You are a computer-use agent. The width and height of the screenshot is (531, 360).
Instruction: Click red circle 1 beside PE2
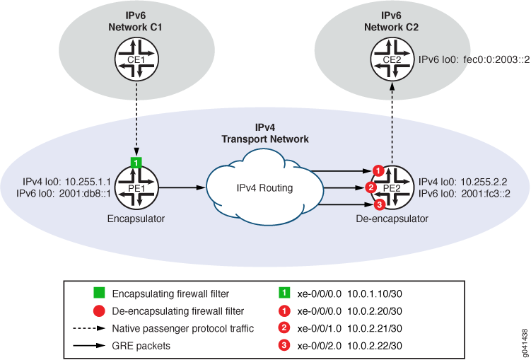point(378,170)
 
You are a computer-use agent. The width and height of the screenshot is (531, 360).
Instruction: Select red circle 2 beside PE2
point(370,188)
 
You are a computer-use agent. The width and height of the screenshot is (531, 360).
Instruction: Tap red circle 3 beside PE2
point(378,205)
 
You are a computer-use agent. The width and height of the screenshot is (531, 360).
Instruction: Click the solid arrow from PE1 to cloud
point(182,188)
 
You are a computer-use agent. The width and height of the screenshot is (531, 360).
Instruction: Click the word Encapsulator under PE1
point(136,219)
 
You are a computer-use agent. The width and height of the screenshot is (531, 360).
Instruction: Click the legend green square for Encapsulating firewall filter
point(98,291)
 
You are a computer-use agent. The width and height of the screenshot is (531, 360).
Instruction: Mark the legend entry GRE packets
point(140,346)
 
